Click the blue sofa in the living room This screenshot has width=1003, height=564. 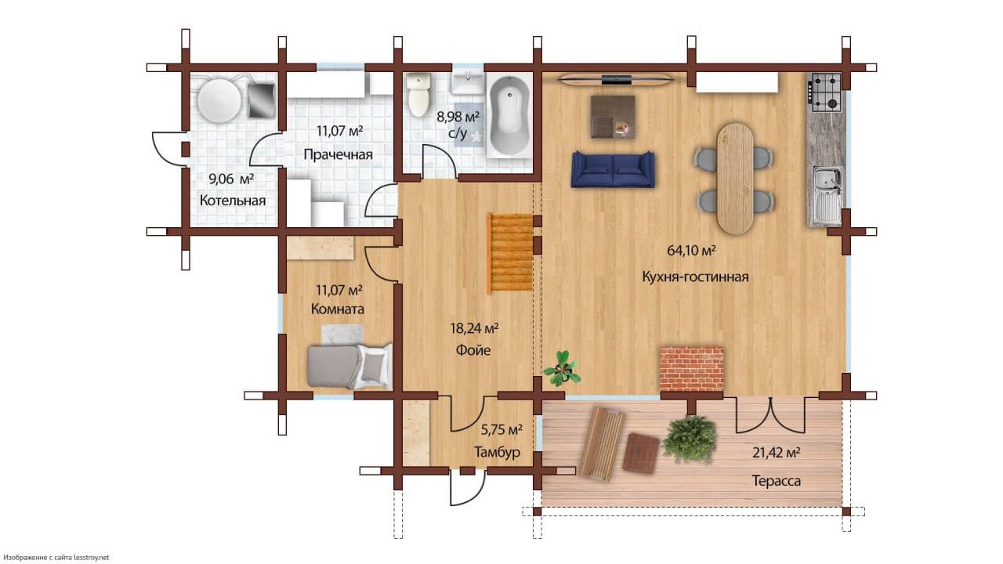point(613,169)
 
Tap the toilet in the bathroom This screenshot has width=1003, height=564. point(419,96)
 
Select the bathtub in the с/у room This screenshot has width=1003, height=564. point(509,117)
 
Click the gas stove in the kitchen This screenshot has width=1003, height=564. point(826,92)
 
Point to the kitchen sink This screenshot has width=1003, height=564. point(827,196)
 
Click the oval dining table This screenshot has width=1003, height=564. point(735,179)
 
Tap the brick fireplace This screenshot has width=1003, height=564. point(692,369)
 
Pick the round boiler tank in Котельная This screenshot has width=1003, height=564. point(220,99)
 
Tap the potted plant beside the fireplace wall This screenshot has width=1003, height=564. point(562,369)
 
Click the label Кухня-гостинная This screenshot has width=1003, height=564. point(695,277)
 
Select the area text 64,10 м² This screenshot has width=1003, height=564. point(691,250)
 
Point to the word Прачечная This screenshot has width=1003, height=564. point(338,154)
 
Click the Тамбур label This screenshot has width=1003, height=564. point(497,452)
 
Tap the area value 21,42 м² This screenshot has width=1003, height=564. point(776,453)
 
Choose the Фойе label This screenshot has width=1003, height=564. point(473,350)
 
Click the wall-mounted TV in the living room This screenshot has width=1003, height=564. point(617,80)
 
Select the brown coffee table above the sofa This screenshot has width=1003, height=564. point(613,117)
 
